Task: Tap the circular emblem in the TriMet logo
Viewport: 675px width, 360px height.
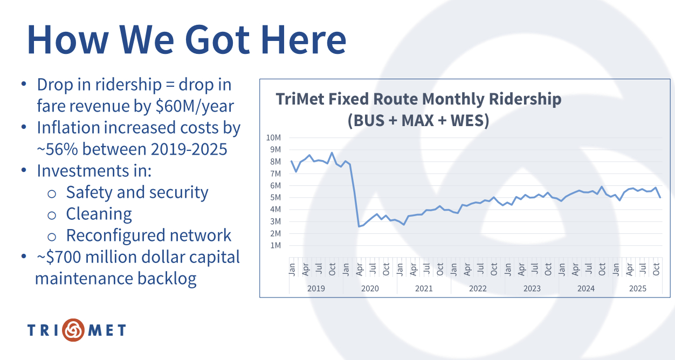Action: click(73, 330)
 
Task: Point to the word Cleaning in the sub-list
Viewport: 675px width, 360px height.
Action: click(99, 214)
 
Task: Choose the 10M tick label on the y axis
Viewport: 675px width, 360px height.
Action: click(273, 137)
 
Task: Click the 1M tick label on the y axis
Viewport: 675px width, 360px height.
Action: click(275, 245)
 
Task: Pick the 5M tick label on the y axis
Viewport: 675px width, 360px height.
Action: click(275, 197)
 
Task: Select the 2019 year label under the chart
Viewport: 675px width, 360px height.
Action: click(316, 288)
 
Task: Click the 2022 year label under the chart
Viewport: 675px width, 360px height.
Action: click(478, 288)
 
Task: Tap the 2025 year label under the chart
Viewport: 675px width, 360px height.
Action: click(638, 288)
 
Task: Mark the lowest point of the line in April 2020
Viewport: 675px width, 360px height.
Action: click(359, 226)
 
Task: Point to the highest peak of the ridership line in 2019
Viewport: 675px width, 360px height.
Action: click(332, 153)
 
